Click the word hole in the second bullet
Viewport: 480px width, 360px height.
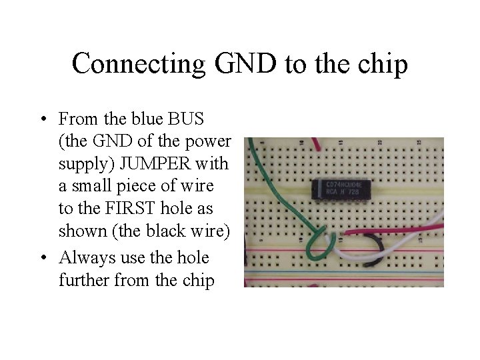tap(191, 257)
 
